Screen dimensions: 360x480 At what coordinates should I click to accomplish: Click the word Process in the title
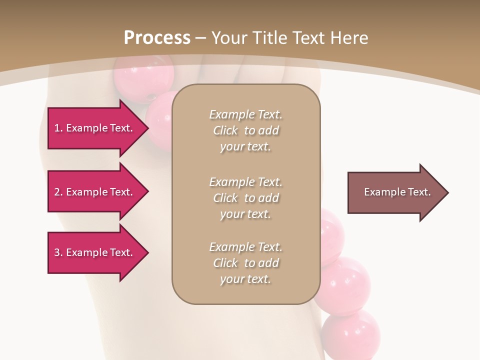(x=157, y=38)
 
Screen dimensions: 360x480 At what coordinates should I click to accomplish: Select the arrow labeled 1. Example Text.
(x=95, y=128)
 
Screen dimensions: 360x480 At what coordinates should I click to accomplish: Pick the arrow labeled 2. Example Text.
(x=95, y=192)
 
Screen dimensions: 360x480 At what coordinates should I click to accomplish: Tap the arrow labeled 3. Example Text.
(x=95, y=252)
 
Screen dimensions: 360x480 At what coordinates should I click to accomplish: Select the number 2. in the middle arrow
(x=58, y=192)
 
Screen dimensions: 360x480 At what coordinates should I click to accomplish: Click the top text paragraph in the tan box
(x=245, y=130)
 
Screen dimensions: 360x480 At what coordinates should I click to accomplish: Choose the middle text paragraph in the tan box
(x=245, y=198)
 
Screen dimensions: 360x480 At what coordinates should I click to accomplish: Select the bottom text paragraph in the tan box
(x=245, y=263)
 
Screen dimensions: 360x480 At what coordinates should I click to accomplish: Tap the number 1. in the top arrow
(x=58, y=128)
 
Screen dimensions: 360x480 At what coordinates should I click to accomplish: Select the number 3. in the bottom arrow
(x=58, y=252)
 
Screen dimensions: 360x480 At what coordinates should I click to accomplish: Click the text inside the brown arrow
(x=397, y=192)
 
